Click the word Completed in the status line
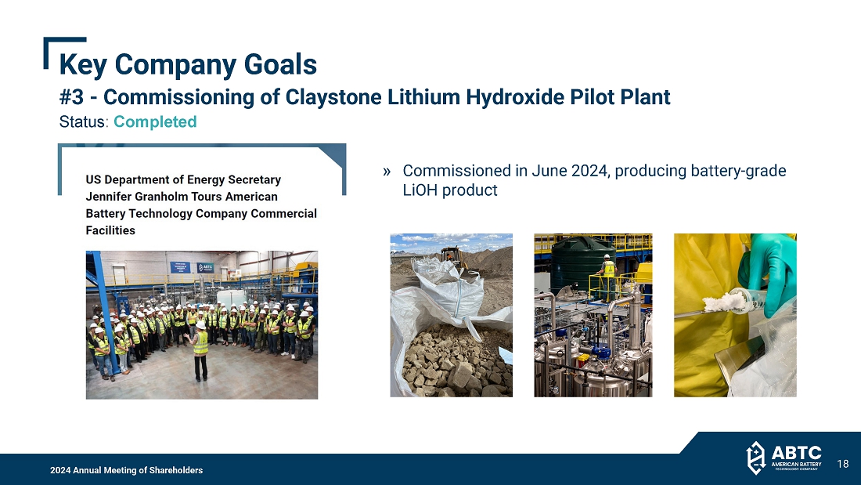[155, 121]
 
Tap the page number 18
[843, 464]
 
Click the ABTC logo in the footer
[784, 458]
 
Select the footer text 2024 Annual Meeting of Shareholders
[126, 470]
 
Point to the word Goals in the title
[280, 64]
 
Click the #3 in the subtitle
[70, 97]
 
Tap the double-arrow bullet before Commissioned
[387, 172]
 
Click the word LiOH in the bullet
[420, 190]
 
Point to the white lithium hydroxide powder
[724, 302]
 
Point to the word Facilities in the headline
[110, 230]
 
